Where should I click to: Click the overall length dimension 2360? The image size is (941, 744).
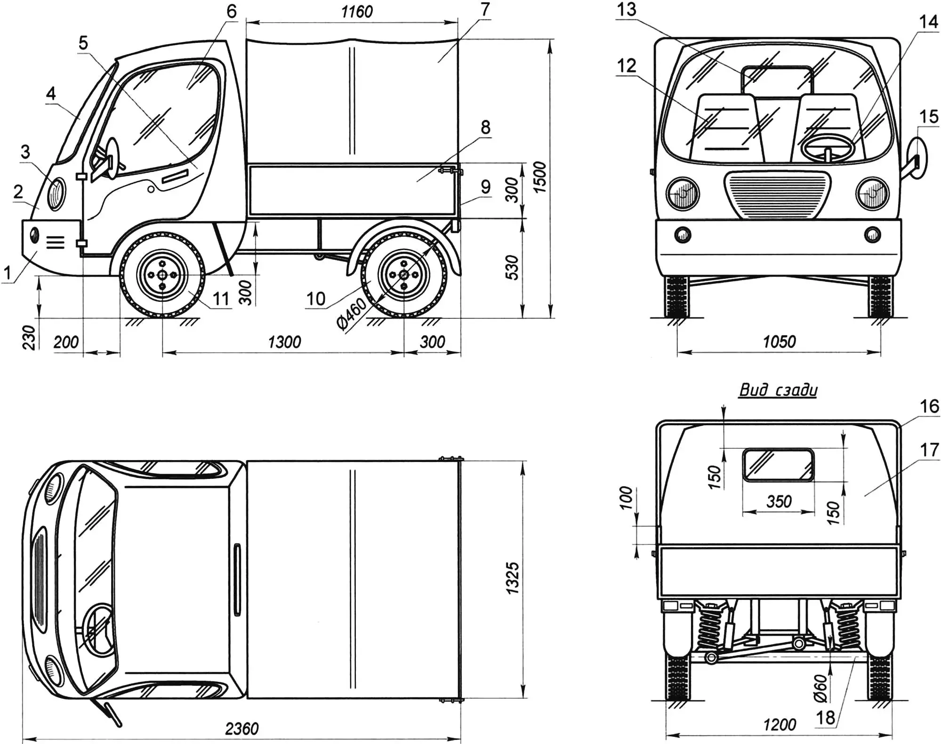(x=241, y=728)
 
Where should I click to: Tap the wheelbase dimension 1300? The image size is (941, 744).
(x=284, y=342)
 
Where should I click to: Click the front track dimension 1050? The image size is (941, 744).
(x=779, y=341)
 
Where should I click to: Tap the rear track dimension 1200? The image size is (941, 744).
(x=779, y=724)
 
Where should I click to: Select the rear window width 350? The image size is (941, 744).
(x=779, y=501)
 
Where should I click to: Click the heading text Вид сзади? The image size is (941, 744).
(x=778, y=390)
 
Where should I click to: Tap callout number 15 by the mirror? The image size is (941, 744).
(x=928, y=116)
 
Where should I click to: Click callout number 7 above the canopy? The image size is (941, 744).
(x=485, y=9)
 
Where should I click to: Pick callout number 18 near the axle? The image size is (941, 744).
(x=825, y=718)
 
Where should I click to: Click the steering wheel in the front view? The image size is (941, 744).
(x=828, y=149)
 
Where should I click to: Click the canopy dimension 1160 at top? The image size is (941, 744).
(x=357, y=11)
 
